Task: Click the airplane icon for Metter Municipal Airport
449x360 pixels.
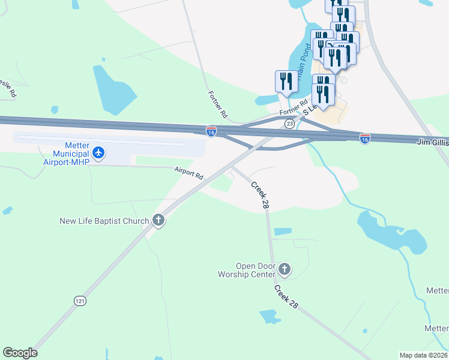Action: click(99, 154)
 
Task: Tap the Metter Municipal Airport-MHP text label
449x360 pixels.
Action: click(66, 154)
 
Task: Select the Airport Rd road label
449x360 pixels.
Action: click(189, 175)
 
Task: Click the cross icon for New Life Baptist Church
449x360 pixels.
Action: click(158, 221)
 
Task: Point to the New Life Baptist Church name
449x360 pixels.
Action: click(104, 221)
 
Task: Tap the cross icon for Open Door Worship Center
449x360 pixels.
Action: click(285, 269)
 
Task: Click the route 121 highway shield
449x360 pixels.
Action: click(80, 301)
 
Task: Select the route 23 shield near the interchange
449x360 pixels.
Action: click(289, 124)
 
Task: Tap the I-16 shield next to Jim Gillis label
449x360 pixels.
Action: click(365, 139)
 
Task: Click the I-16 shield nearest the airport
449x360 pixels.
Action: click(211, 131)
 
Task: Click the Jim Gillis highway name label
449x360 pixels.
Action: click(433, 142)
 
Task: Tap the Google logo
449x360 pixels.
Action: click(20, 353)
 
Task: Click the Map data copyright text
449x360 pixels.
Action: click(423, 355)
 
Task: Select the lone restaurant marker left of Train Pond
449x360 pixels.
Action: click(286, 82)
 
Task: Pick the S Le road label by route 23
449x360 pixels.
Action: click(309, 110)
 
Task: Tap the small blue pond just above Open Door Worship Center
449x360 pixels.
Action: click(283, 232)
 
